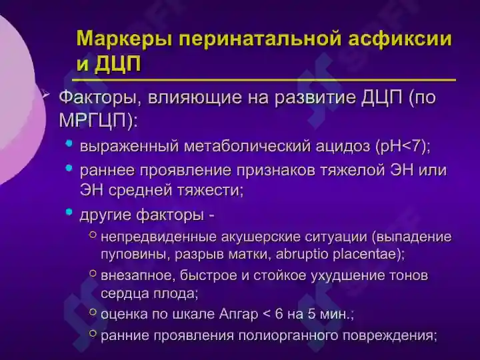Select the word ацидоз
pos(344,146)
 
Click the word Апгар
pos(237,313)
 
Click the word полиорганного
pos(287,335)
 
